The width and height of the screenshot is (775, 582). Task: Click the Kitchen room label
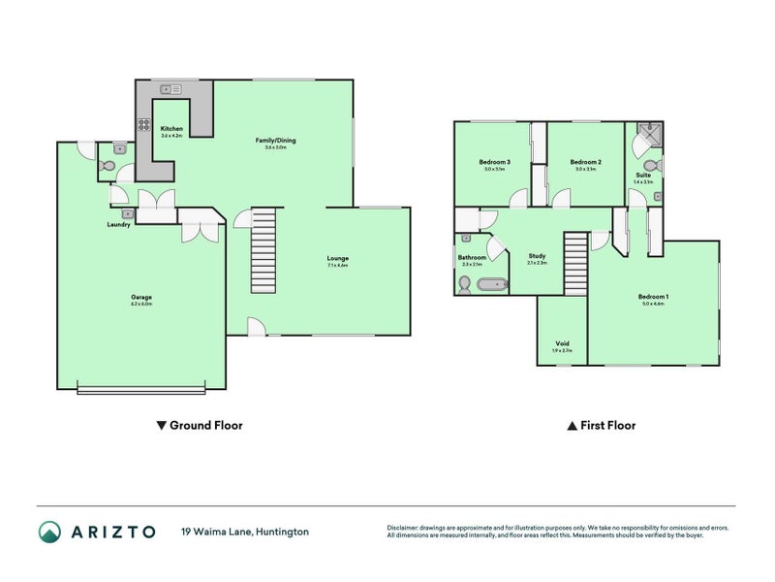[x=171, y=129]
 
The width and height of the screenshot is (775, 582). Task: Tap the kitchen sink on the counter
[x=171, y=89]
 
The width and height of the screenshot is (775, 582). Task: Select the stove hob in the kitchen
[x=143, y=124]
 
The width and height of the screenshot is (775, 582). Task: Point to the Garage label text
[x=141, y=297]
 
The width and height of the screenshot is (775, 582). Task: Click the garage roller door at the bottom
[x=141, y=390]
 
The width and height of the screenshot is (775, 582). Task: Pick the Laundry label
[x=119, y=224]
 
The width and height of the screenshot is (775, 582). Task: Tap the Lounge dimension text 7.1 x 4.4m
[x=336, y=265]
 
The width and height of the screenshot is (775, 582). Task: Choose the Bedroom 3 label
[x=494, y=161]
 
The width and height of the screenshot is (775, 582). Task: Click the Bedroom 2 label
[x=585, y=161]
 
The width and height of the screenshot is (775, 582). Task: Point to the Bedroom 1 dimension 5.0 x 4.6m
[x=653, y=304]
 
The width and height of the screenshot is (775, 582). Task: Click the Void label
[x=562, y=342]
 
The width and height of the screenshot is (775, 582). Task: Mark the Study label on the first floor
[x=537, y=256]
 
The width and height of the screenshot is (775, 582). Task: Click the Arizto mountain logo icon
[x=49, y=532]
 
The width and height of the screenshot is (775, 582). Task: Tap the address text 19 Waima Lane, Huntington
[x=244, y=532]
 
